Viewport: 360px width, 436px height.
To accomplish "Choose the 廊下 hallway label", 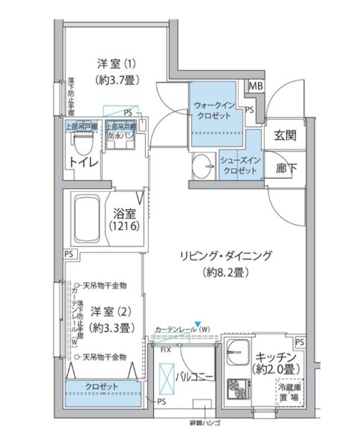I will click(x=285, y=167).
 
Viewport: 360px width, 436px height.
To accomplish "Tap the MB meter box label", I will click(x=255, y=86).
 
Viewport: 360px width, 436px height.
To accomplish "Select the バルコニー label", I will click(x=195, y=378).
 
